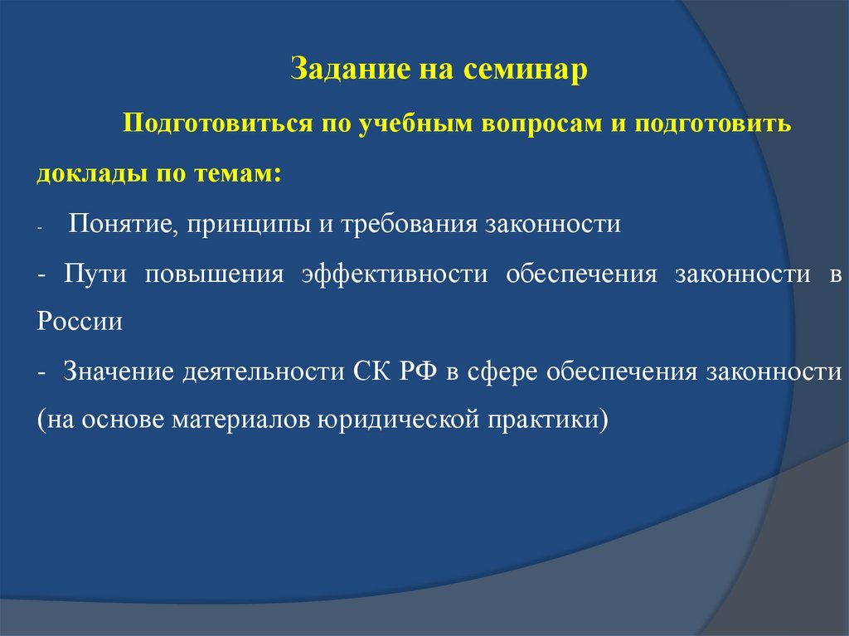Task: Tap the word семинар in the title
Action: [x=525, y=70]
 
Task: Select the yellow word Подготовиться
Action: [x=218, y=124]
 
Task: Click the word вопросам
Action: [x=541, y=124]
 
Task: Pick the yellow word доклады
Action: [x=92, y=174]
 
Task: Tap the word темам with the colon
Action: [x=238, y=174]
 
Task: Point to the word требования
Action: [x=409, y=224]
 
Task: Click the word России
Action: [x=80, y=322]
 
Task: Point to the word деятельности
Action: [x=264, y=372]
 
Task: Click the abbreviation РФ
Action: [x=419, y=371]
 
